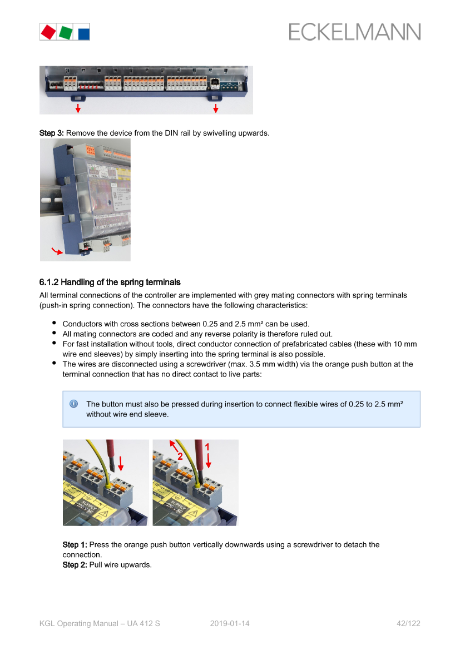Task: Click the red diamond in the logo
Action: click(48, 32)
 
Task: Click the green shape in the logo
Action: click(66, 32)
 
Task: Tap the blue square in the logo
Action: click(84, 33)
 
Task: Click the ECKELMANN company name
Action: click(355, 32)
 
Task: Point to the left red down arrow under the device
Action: click(78, 108)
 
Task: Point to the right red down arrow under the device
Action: click(216, 108)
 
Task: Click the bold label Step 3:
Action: click(51, 133)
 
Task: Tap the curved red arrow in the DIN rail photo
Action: click(57, 251)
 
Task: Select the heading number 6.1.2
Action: click(49, 282)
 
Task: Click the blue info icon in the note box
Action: click(74, 404)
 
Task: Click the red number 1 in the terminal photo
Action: click(207, 447)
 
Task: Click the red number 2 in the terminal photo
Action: click(180, 457)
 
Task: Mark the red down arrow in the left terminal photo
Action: click(121, 464)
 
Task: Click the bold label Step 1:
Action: click(75, 545)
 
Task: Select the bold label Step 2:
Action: click(75, 564)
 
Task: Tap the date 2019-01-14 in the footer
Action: click(230, 623)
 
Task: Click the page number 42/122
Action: click(409, 623)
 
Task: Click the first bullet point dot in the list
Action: click(55, 322)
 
